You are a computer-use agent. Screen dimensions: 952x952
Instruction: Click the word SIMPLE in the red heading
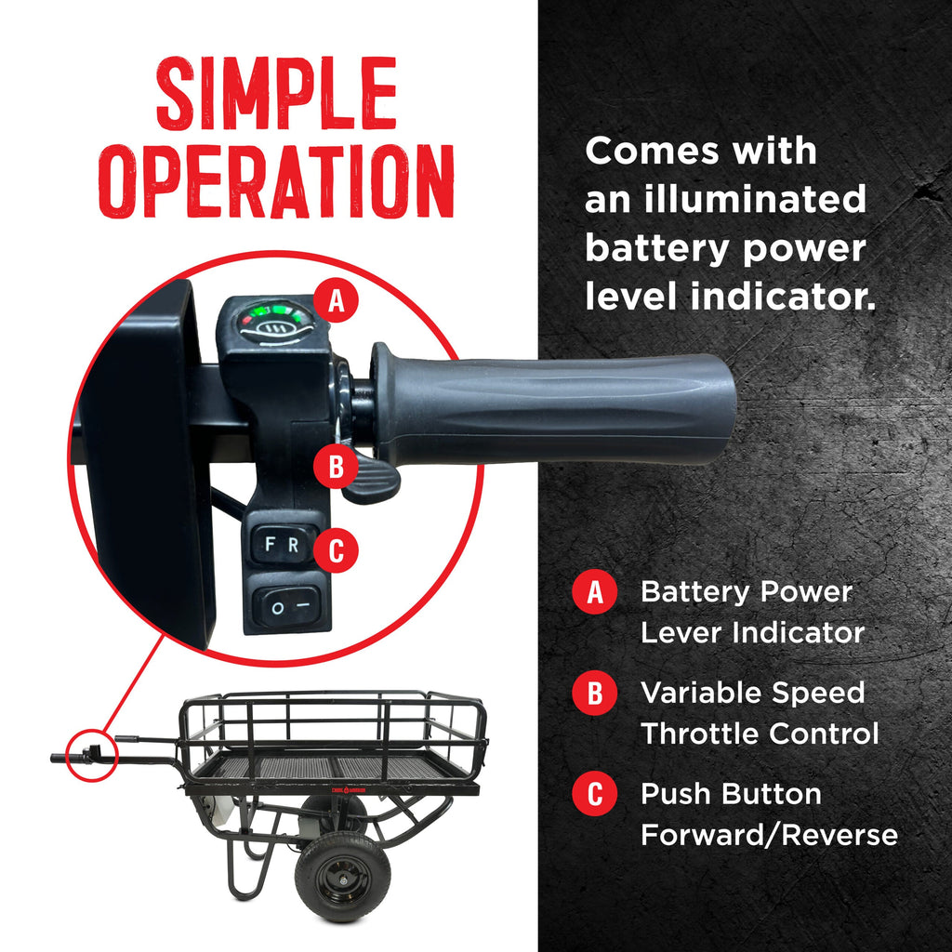click(x=276, y=93)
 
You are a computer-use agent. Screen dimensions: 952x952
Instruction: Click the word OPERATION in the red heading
click(x=276, y=181)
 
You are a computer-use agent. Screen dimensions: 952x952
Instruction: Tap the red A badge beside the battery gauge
click(x=336, y=300)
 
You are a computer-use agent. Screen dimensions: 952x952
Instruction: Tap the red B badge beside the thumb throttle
click(x=336, y=467)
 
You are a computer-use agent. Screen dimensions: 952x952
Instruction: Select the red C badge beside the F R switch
click(x=336, y=550)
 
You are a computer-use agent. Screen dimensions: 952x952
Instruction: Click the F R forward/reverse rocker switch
click(x=283, y=544)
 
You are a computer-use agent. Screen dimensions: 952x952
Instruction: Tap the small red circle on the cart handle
click(x=90, y=755)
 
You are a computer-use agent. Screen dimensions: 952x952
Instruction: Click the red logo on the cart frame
click(x=348, y=790)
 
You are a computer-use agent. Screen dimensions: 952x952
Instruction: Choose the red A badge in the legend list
click(x=594, y=592)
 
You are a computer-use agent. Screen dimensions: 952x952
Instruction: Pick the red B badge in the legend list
click(x=594, y=693)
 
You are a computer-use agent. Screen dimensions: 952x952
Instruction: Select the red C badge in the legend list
click(x=594, y=794)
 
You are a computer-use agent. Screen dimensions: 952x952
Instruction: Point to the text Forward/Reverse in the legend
click(x=769, y=835)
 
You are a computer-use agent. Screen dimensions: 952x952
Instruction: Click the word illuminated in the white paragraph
click(x=755, y=199)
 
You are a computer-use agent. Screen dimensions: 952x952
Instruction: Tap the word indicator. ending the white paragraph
click(x=783, y=297)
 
